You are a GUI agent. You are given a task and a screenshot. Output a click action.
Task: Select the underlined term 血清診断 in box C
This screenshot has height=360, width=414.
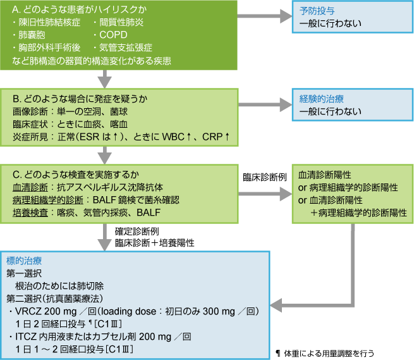pos(28,187)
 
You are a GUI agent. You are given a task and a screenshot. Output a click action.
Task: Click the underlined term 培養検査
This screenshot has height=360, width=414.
pos(28,211)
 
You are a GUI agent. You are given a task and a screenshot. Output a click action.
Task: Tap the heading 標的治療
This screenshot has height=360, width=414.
pos(25,261)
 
